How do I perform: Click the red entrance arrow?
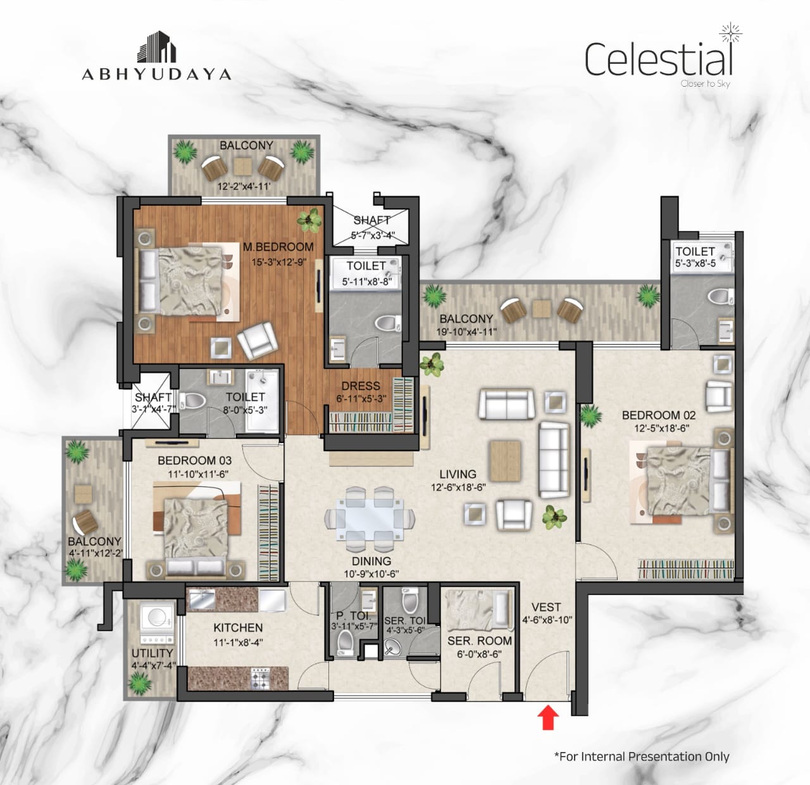point(548,717)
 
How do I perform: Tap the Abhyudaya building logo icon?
point(156,47)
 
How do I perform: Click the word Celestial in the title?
point(658,60)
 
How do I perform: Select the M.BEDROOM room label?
point(278,247)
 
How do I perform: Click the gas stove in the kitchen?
point(260,679)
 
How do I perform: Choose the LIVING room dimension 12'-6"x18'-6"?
point(458,487)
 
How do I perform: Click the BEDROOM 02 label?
point(659,415)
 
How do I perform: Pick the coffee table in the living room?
point(506,461)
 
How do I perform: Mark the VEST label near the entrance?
point(547,608)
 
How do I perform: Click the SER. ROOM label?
point(480,641)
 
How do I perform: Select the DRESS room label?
point(361,386)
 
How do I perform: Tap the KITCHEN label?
point(238,627)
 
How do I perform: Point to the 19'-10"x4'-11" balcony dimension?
point(466,332)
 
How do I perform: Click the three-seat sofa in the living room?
point(554,460)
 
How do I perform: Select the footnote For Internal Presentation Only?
point(642,757)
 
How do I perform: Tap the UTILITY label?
point(152,653)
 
